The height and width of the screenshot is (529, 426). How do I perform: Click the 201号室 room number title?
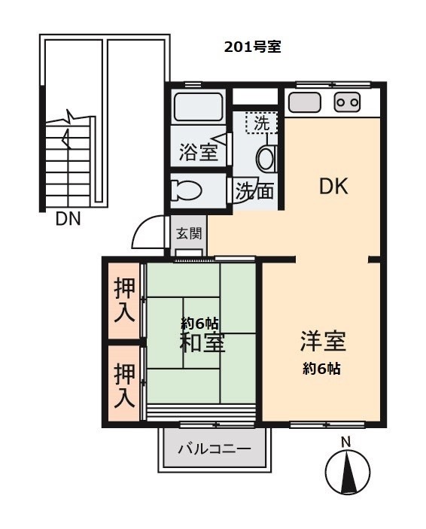click(x=252, y=47)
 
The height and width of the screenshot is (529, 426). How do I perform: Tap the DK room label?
click(x=333, y=187)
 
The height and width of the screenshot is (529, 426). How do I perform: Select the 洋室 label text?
click(x=323, y=342)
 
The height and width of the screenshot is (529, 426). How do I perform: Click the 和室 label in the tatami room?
click(x=201, y=342)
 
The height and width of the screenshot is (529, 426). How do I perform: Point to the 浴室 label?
click(x=199, y=152)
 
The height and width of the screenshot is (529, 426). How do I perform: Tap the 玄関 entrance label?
click(x=188, y=233)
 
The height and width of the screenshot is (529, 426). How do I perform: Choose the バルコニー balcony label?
click(x=214, y=450)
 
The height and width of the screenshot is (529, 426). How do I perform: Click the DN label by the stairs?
click(x=68, y=220)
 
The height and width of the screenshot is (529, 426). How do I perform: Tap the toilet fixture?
click(x=185, y=190)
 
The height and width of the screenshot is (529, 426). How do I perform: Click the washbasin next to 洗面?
click(x=266, y=158)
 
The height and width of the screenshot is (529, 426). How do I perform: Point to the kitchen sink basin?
click(x=305, y=102)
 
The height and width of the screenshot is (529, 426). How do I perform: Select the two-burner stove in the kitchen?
click(x=347, y=102)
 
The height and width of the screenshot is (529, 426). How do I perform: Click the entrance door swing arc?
click(x=148, y=234)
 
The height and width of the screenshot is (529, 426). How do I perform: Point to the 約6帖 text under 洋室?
click(x=322, y=369)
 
